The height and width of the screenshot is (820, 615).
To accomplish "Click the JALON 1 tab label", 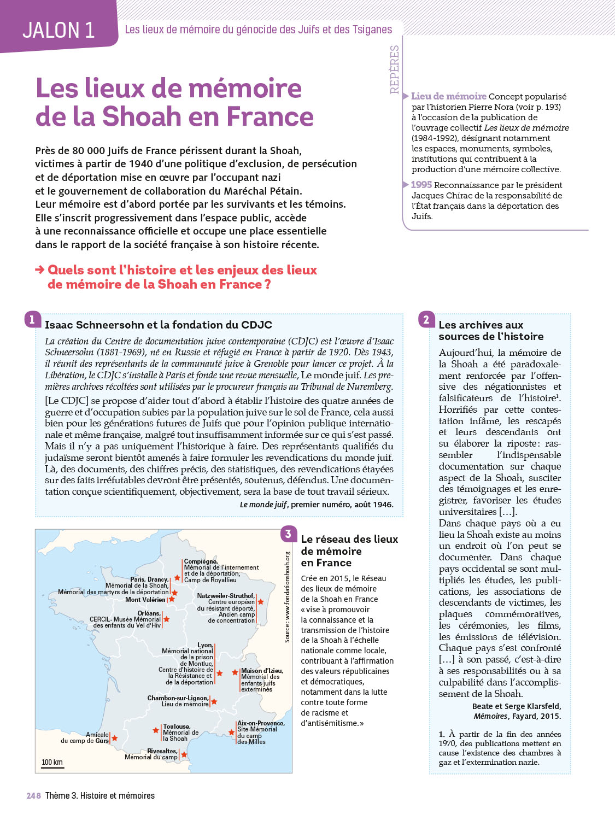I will pos(58,30).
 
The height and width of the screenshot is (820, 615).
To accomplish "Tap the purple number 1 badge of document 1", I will pos(32,320).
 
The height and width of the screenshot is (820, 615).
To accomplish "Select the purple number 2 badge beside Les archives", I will pos(426,320).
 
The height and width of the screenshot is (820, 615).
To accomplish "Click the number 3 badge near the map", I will pos(288,534).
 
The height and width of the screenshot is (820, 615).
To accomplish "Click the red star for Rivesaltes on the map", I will pos(184,755).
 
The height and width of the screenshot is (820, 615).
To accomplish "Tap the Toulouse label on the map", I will pos(176,727).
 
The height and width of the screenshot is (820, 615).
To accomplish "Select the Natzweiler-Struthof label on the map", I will pos(225,595).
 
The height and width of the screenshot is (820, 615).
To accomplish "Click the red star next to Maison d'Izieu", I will pos(235,672).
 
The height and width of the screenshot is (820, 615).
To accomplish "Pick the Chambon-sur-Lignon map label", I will pos(178,698).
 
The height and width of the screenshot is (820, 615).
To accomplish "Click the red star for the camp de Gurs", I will pos(115,738).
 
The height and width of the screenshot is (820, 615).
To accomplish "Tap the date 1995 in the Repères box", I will pos(421,185).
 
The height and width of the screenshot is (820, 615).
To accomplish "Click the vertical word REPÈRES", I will pos(394,69).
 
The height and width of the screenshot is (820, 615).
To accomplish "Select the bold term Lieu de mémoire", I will pos(449,96).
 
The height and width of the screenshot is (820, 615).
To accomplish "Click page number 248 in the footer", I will pos(34,796).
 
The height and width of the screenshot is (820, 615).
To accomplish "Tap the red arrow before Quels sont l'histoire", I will pos(39,270).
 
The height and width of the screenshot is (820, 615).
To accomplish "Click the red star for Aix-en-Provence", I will pos(232,732).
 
